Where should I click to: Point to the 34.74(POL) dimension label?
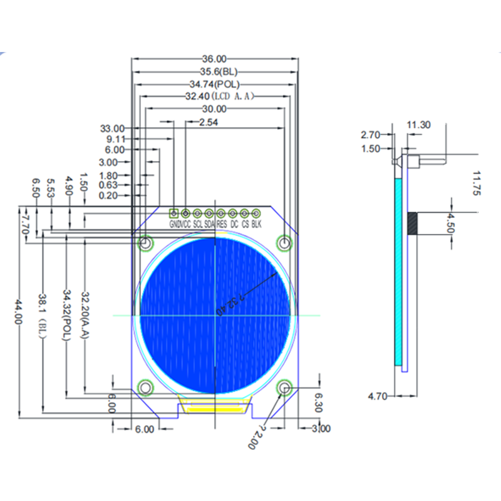(x=214, y=84)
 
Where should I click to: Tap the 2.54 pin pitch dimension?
(x=207, y=123)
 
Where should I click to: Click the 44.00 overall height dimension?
(x=18, y=311)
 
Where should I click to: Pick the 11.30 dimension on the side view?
(x=418, y=125)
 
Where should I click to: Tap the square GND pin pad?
(x=174, y=214)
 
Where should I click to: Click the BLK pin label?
(x=256, y=224)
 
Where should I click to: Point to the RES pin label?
(x=222, y=224)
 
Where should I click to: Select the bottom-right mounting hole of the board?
(x=286, y=388)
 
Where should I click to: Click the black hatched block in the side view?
(x=412, y=223)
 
